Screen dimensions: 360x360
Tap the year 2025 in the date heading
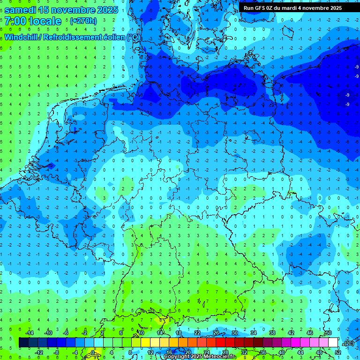(105, 10)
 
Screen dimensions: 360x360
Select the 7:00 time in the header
(15, 21)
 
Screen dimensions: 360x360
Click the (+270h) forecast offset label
(83, 21)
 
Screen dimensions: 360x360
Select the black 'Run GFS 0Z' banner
(292, 7)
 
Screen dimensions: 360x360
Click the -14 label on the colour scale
(29, 333)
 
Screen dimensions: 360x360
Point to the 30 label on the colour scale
(235, 333)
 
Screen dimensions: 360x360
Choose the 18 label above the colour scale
(179, 333)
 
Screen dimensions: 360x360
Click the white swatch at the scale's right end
(333, 343)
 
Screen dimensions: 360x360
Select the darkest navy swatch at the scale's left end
(23, 343)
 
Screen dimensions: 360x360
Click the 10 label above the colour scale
(141, 333)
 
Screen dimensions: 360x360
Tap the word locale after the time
(45, 21)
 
